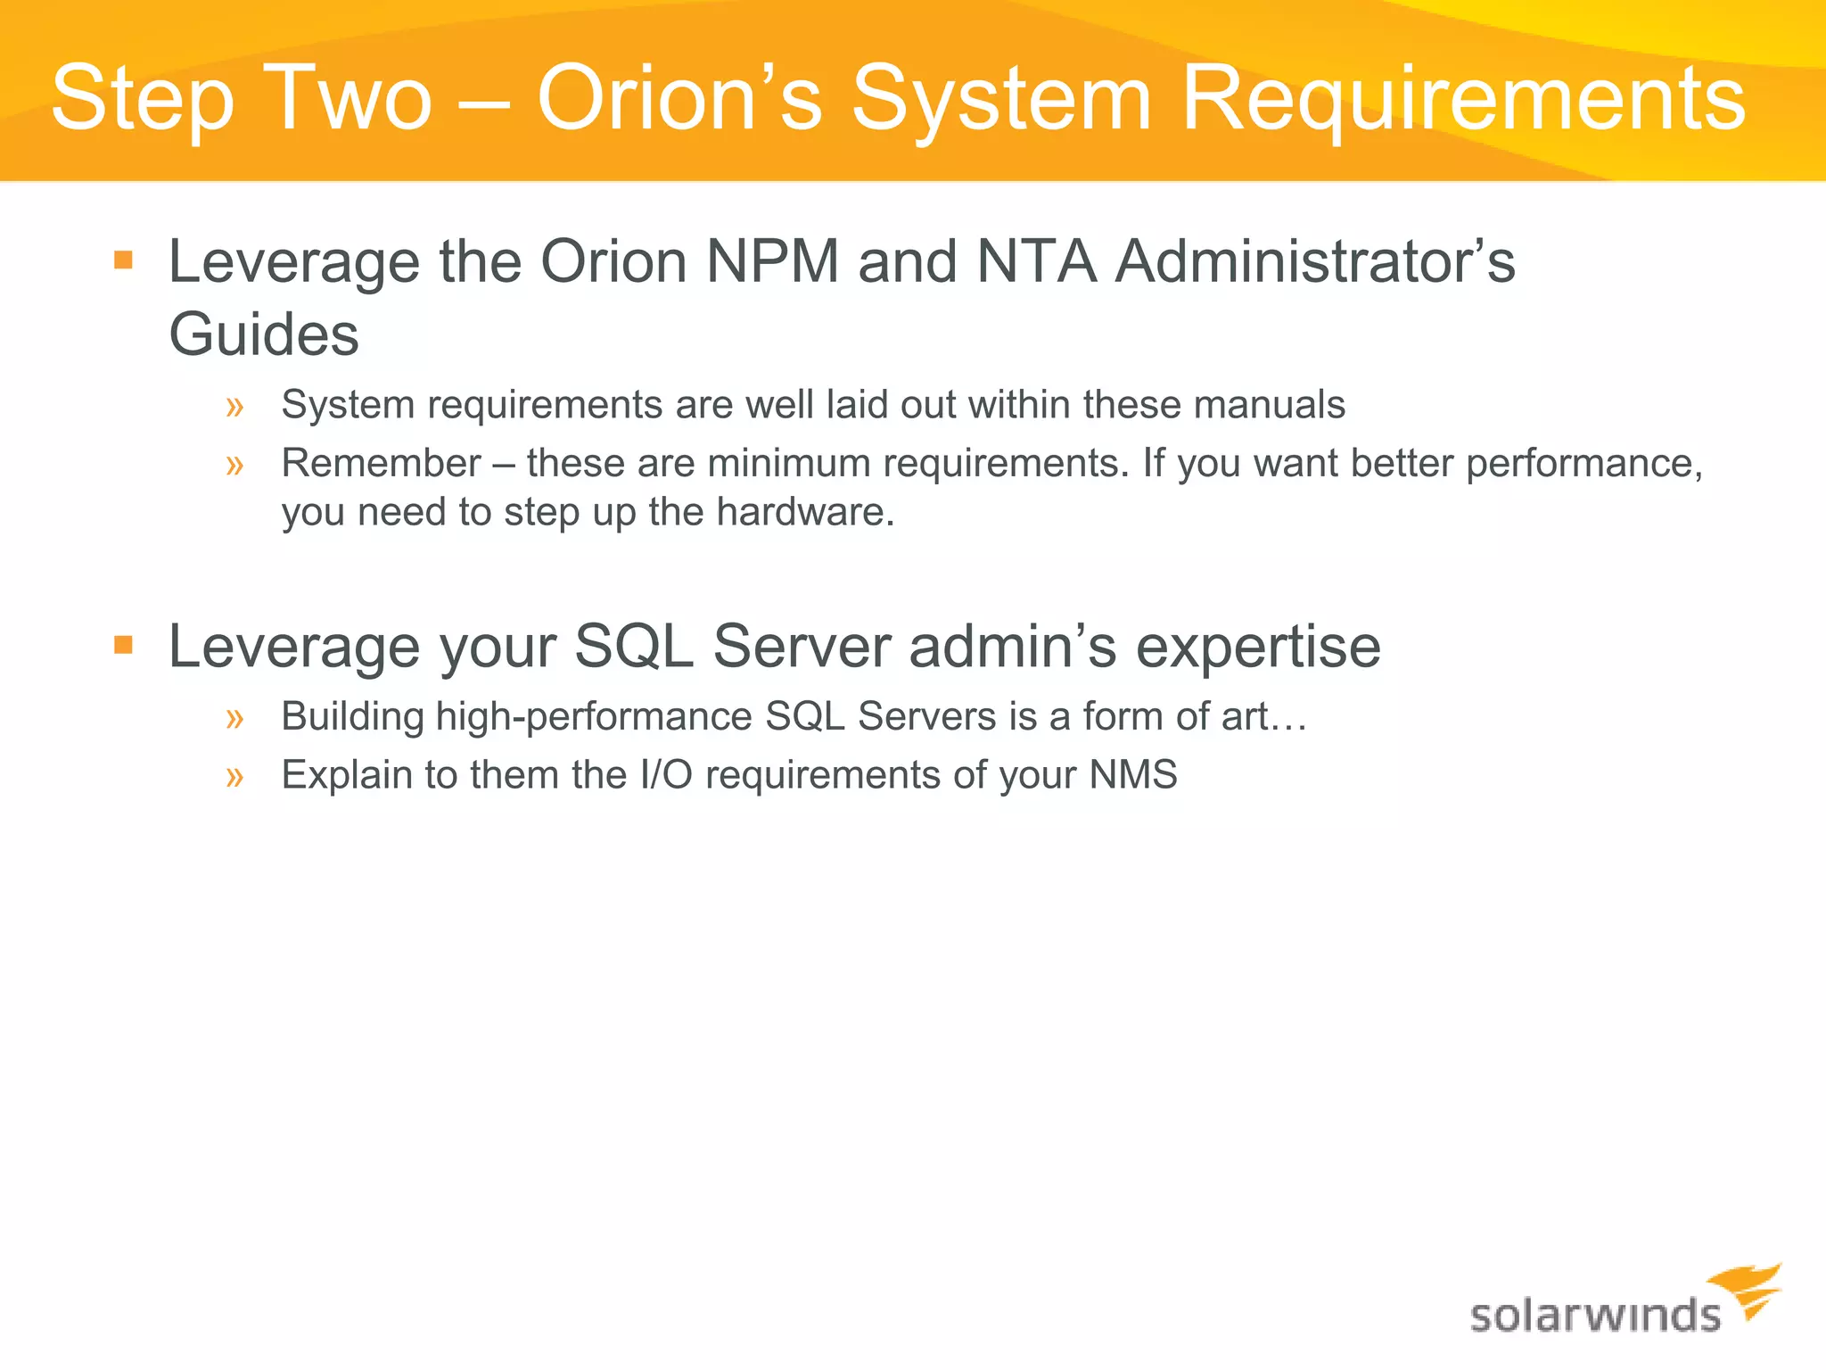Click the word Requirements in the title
pyautogui.click(x=1462, y=100)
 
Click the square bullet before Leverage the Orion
pyautogui.click(x=124, y=260)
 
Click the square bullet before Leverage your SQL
pyautogui.click(x=124, y=644)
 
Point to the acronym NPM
pyautogui.click(x=772, y=261)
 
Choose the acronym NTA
pyautogui.click(x=1036, y=261)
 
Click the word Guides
pyautogui.click(x=264, y=334)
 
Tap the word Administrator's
pyautogui.click(x=1315, y=261)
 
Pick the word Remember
pyautogui.click(x=382, y=463)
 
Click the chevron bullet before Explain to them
pyautogui.click(x=234, y=777)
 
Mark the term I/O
pyautogui.click(x=666, y=774)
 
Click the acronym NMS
pyautogui.click(x=1133, y=774)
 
